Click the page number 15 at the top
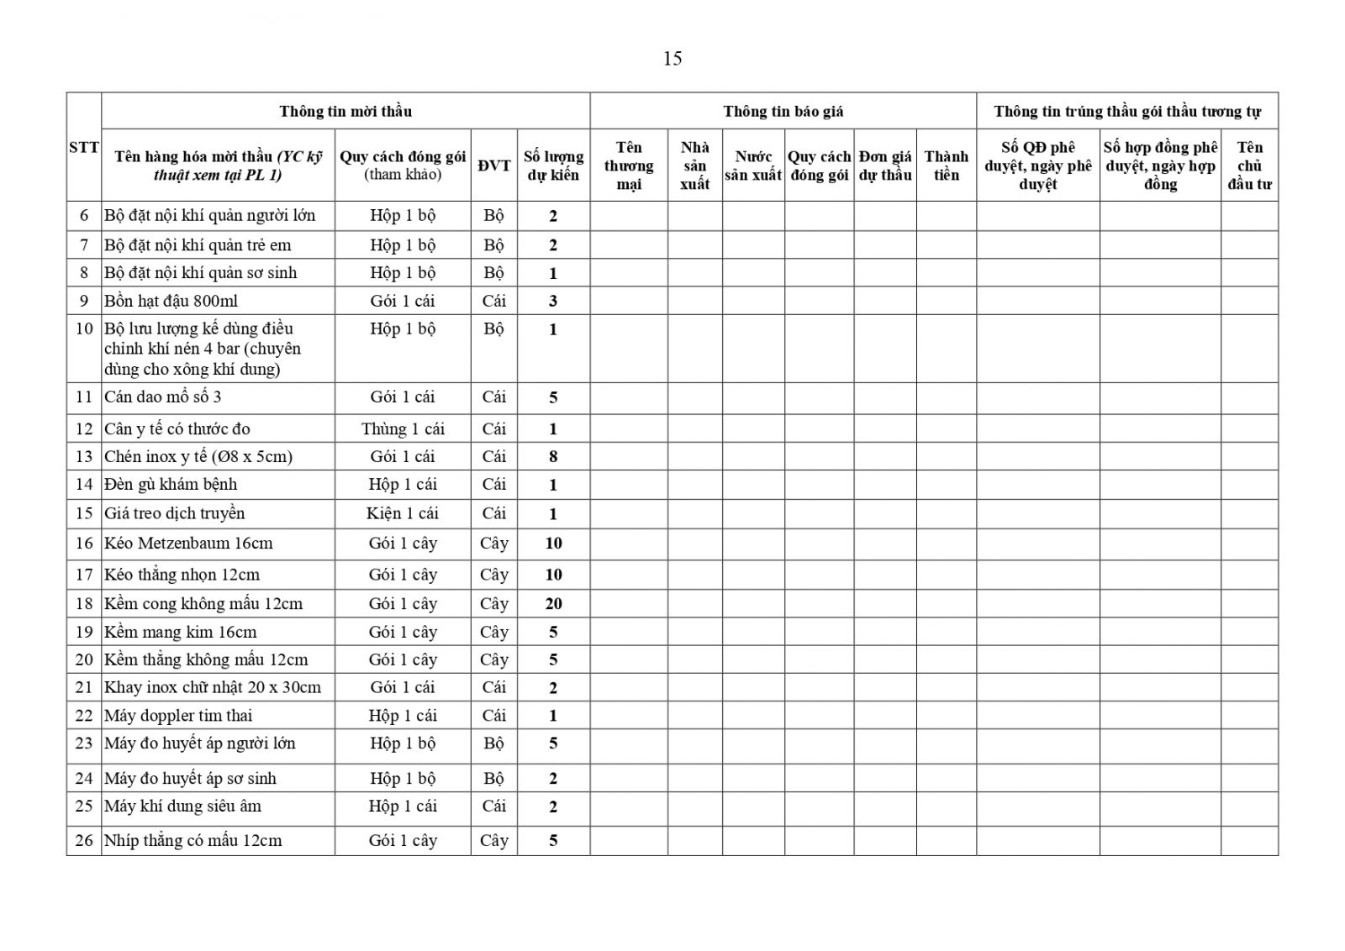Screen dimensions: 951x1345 click(x=672, y=59)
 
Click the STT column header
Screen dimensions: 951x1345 click(x=84, y=148)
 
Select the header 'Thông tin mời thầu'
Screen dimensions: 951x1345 click(x=345, y=111)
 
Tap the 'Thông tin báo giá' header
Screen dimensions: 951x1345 click(x=783, y=111)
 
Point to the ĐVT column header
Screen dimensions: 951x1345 click(x=493, y=166)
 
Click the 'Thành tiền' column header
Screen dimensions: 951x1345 click(x=946, y=166)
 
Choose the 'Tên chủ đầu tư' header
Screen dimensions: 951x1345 click(x=1249, y=166)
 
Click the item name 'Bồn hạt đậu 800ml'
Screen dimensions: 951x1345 click(x=159, y=301)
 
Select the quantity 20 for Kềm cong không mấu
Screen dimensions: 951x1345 click(x=553, y=603)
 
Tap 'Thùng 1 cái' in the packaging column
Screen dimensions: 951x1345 click(x=403, y=429)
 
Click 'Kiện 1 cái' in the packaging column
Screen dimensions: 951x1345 click(x=403, y=513)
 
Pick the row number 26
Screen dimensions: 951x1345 click(x=84, y=840)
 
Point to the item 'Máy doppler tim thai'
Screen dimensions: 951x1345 click(x=178, y=716)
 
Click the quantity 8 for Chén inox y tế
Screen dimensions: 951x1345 click(x=553, y=457)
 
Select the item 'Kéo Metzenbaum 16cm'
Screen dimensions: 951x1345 click(x=188, y=544)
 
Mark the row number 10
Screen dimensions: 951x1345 click(x=84, y=328)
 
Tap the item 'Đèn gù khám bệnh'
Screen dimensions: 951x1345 click(x=171, y=485)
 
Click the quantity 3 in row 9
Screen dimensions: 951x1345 click(x=553, y=301)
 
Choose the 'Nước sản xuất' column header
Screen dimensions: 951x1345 click(x=753, y=166)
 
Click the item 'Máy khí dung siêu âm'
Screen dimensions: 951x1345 click(x=182, y=807)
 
